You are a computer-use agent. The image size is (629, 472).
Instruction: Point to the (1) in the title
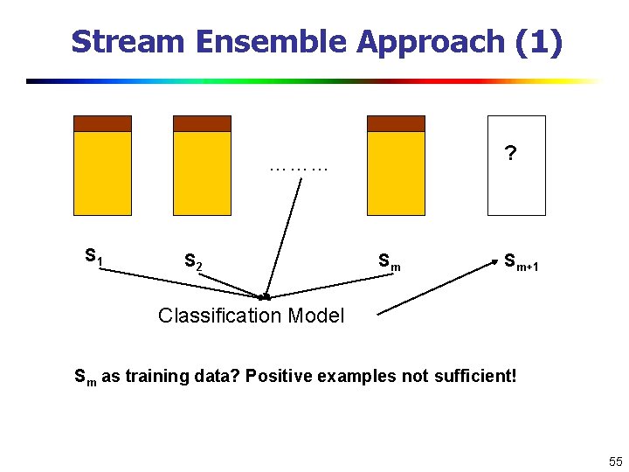coord(539,42)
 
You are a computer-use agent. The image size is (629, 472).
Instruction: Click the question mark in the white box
coord(510,155)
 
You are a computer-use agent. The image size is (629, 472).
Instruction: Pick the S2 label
coord(193,261)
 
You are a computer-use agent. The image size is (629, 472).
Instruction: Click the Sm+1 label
coord(521,260)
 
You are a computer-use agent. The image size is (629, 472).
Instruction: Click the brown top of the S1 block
coord(102,123)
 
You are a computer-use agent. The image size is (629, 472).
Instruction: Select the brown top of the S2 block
coord(202,123)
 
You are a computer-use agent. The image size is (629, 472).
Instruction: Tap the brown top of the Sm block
coord(396,123)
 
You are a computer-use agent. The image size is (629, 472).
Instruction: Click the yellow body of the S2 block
coord(202,173)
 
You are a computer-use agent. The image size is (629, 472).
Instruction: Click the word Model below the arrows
coord(317,316)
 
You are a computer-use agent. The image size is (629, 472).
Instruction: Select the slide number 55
coord(615,461)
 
